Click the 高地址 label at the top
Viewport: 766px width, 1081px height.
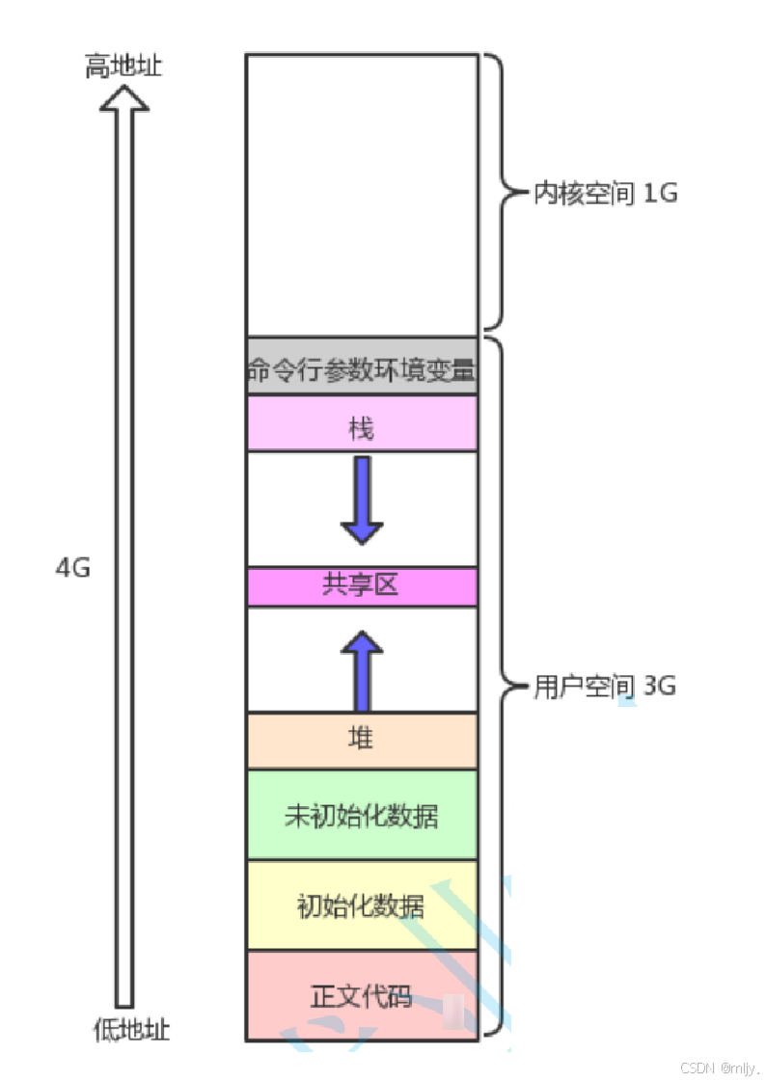click(x=123, y=68)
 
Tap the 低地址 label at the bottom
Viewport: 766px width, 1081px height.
click(x=131, y=1029)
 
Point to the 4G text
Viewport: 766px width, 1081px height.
click(x=72, y=567)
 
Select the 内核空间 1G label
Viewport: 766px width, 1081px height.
click(x=606, y=194)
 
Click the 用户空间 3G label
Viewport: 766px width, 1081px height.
click(x=605, y=687)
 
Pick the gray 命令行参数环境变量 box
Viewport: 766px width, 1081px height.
click(x=362, y=366)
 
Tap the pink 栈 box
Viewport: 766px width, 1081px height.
click(x=362, y=423)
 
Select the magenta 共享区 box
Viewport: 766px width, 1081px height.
click(x=362, y=586)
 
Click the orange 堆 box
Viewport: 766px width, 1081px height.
click(x=362, y=740)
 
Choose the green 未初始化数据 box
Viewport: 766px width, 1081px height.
click(x=362, y=815)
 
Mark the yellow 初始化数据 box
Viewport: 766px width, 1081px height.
click(x=362, y=906)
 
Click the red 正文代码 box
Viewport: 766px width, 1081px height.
click(x=362, y=995)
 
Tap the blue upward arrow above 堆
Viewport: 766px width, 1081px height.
click(x=362, y=670)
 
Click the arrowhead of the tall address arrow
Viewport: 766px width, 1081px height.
click(x=124, y=96)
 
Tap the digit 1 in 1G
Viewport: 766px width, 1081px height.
click(x=648, y=194)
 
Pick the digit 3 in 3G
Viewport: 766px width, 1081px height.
click(x=648, y=687)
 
